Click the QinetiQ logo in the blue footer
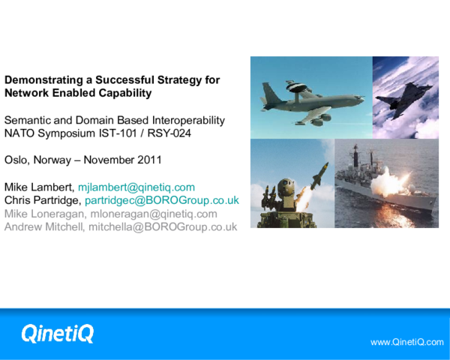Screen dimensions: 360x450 (57, 332)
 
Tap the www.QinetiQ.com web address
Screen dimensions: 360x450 (407, 341)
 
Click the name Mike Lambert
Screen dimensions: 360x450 (38, 186)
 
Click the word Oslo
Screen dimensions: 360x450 (16, 160)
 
